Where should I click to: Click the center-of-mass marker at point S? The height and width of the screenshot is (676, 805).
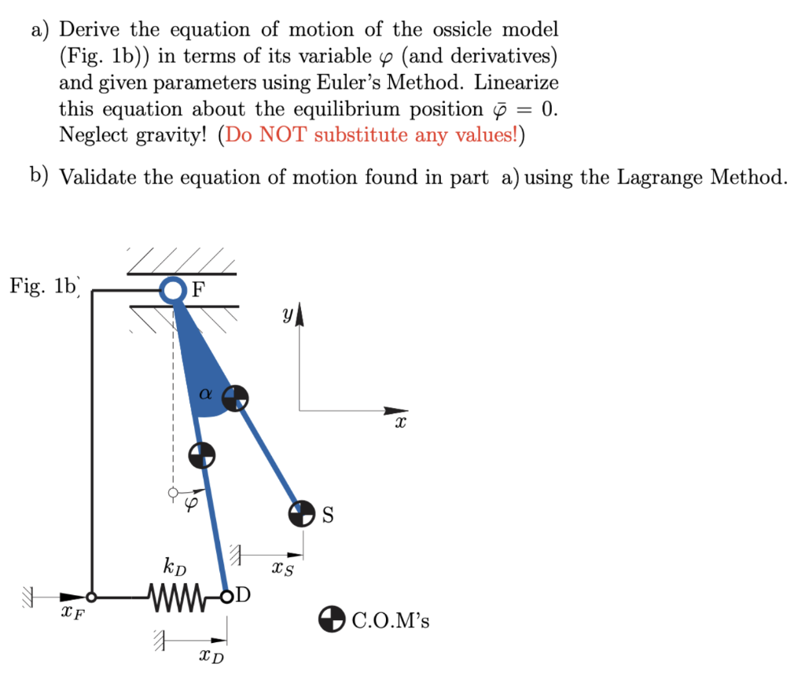(300, 514)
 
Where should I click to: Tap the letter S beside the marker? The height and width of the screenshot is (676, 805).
(328, 516)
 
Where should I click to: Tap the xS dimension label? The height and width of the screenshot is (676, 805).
(282, 568)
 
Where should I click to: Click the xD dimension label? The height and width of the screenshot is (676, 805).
(210, 654)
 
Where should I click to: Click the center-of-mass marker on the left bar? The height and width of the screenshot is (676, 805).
(202, 454)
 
